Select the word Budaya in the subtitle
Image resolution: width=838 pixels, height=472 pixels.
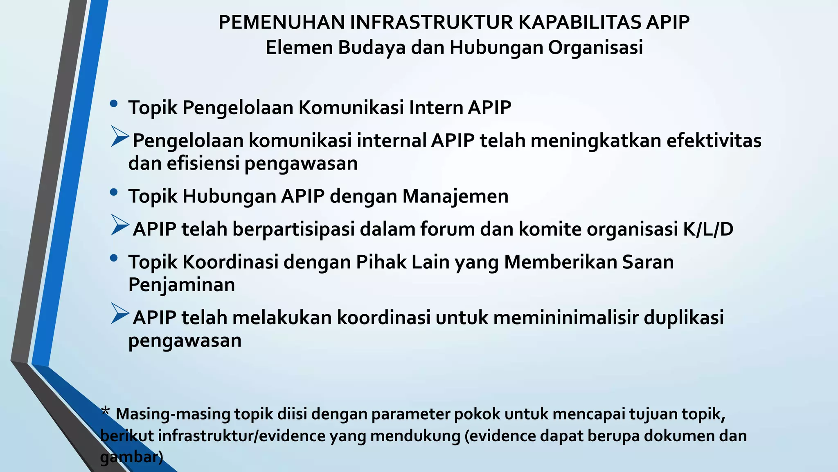tap(372, 48)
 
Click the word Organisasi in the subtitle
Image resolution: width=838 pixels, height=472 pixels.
tap(595, 48)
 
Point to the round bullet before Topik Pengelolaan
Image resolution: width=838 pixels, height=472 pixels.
tap(114, 104)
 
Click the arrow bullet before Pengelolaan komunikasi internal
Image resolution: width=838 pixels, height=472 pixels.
tap(119, 137)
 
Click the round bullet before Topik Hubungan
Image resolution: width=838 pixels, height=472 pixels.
tap(114, 192)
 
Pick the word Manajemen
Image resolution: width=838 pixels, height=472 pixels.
tap(455, 196)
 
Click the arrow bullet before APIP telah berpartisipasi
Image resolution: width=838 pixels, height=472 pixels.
tap(119, 225)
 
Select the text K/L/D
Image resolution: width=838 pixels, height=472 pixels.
tap(708, 229)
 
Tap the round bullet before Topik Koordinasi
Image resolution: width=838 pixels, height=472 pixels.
tap(114, 258)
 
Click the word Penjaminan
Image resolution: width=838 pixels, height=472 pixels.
tap(182, 285)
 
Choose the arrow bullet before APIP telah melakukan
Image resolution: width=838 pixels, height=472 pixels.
tap(119, 314)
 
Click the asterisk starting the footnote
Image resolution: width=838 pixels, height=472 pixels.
tap(106, 411)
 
